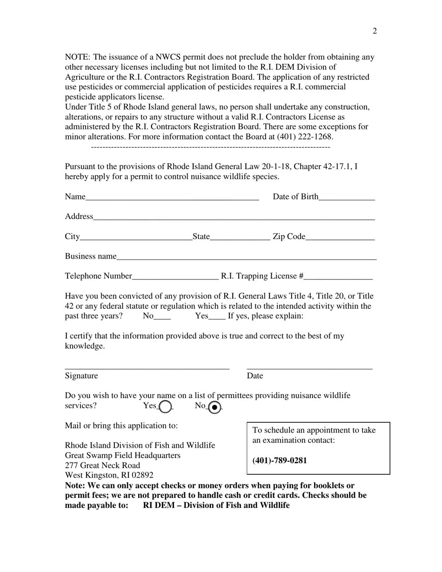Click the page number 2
[375, 31]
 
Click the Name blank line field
[172, 197]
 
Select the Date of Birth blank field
[347, 197]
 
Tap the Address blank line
[234, 217]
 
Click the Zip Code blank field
[340, 237]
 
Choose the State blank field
[240, 237]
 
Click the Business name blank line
[247, 257]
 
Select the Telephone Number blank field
[175, 277]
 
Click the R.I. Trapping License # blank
[338, 277]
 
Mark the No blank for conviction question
[162, 317]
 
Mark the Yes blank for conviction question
[217, 317]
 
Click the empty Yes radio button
[166, 407]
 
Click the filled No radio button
[214, 407]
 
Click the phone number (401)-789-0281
[280, 461]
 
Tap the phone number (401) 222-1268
[305, 137]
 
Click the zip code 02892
[142, 475]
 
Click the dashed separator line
[210, 147]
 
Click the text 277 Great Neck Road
[102, 466]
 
